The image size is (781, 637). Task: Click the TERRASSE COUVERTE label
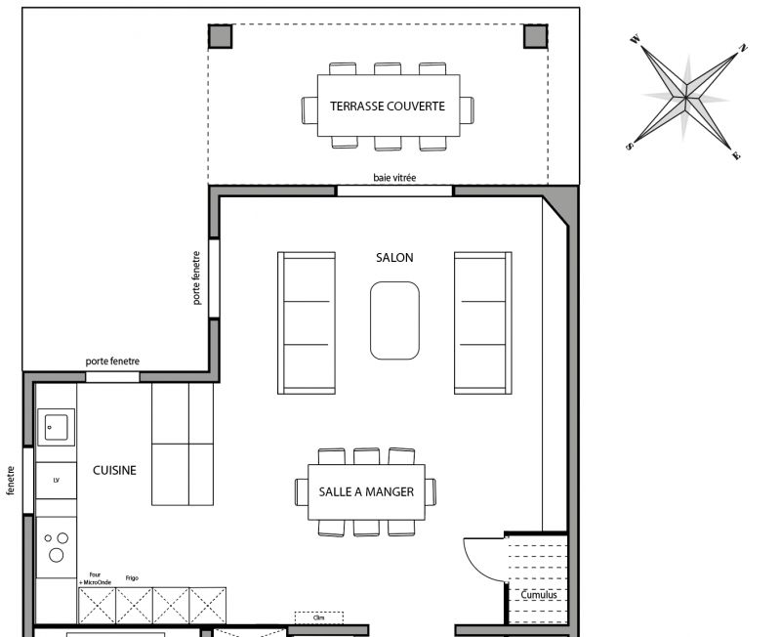387,106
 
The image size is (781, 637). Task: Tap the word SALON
394,258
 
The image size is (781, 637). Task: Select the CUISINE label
114,471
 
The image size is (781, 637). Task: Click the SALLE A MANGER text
366,492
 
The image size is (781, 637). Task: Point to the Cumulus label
539,595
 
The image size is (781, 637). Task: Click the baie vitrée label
394,178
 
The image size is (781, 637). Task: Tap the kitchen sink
57,427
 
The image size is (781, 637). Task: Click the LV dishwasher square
57,481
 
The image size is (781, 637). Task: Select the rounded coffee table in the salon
394,320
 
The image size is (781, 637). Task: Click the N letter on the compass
743,48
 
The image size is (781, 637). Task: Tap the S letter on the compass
630,146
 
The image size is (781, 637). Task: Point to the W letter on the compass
636,39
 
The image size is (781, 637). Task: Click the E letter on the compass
737,156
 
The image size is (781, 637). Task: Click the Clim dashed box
319,617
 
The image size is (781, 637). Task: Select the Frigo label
132,578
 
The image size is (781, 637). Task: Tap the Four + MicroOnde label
95,578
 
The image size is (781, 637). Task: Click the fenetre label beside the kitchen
11,481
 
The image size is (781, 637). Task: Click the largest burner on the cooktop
57,555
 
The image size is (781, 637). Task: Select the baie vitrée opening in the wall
394,191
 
